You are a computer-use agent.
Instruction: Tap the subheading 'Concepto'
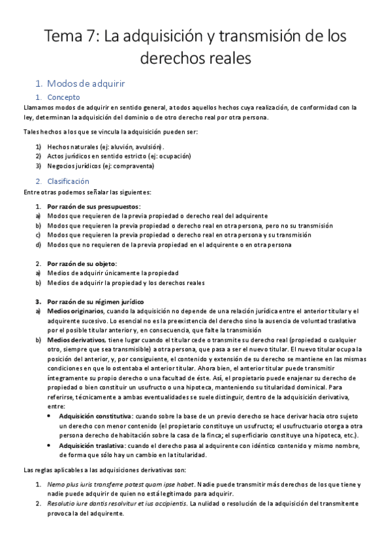(x=64, y=97)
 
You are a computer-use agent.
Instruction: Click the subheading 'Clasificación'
(x=69, y=181)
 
